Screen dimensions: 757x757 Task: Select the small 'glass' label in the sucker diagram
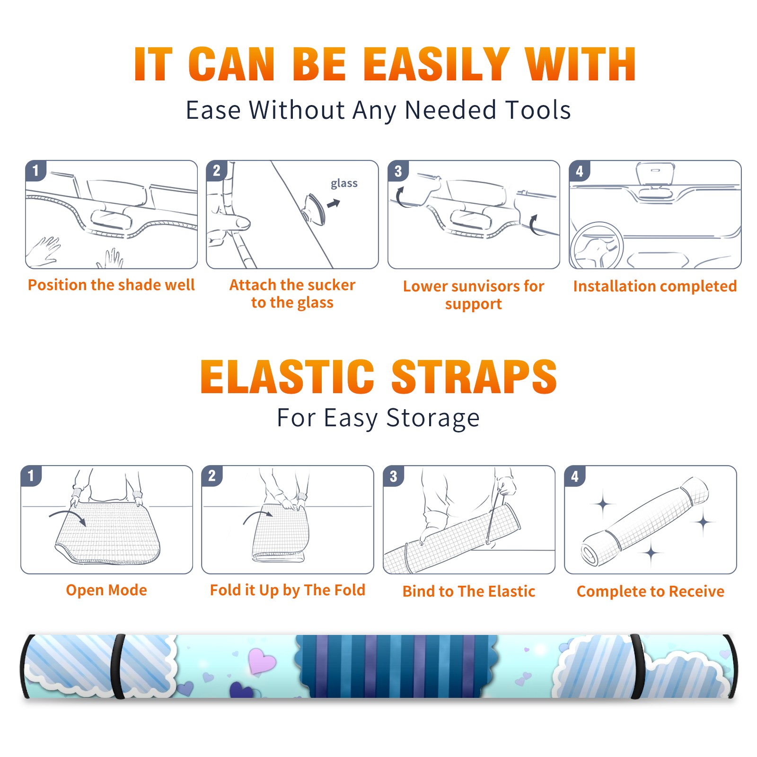point(344,183)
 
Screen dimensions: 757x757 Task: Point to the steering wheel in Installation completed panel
point(596,246)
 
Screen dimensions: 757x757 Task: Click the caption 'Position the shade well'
point(111,285)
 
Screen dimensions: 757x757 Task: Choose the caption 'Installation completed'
point(655,286)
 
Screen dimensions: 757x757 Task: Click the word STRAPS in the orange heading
point(474,377)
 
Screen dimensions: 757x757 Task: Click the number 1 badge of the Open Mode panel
point(31,475)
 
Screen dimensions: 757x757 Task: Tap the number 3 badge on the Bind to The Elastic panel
point(394,476)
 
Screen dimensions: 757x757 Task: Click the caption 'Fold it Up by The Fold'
point(288,590)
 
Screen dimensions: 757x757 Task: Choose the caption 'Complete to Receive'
point(651,591)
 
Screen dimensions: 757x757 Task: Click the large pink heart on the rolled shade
point(262,660)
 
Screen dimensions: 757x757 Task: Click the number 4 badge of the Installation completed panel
point(580,171)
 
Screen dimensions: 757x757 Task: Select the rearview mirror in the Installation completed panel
point(655,174)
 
